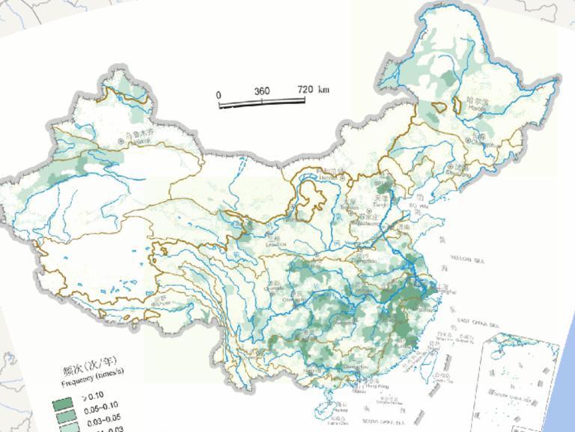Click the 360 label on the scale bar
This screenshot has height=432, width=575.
click(262, 91)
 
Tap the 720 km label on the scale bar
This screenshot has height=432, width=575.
click(311, 90)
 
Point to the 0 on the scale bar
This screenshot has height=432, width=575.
click(218, 95)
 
